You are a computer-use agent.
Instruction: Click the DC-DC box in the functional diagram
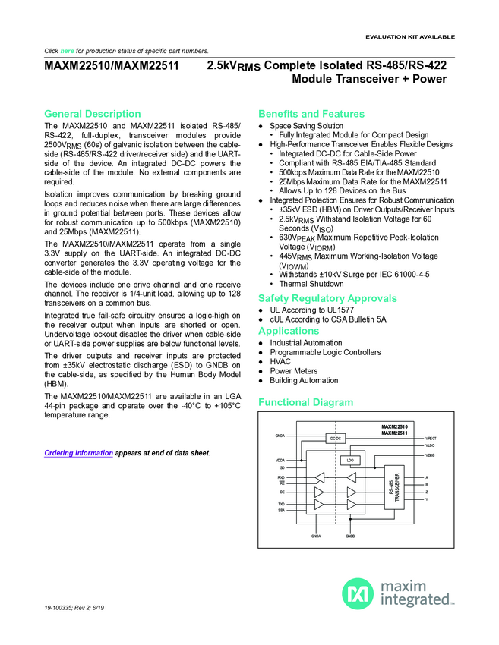[x=335, y=439]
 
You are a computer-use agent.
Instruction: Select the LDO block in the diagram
[x=351, y=460]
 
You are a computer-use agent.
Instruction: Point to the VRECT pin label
[x=431, y=438]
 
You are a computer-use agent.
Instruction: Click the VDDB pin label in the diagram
[x=430, y=455]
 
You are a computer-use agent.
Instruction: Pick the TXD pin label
[x=281, y=504]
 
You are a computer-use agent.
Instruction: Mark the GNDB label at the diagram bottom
[x=350, y=536]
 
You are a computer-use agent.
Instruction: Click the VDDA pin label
[x=280, y=461]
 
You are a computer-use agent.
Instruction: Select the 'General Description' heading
[x=92, y=114]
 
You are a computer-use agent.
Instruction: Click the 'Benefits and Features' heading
[x=311, y=114]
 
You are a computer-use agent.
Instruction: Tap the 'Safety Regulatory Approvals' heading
[x=327, y=298]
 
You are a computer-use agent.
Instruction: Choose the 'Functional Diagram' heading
[x=306, y=401]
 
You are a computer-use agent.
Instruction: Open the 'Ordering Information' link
[x=78, y=453]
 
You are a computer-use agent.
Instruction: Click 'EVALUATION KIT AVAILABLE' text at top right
[x=410, y=36]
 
